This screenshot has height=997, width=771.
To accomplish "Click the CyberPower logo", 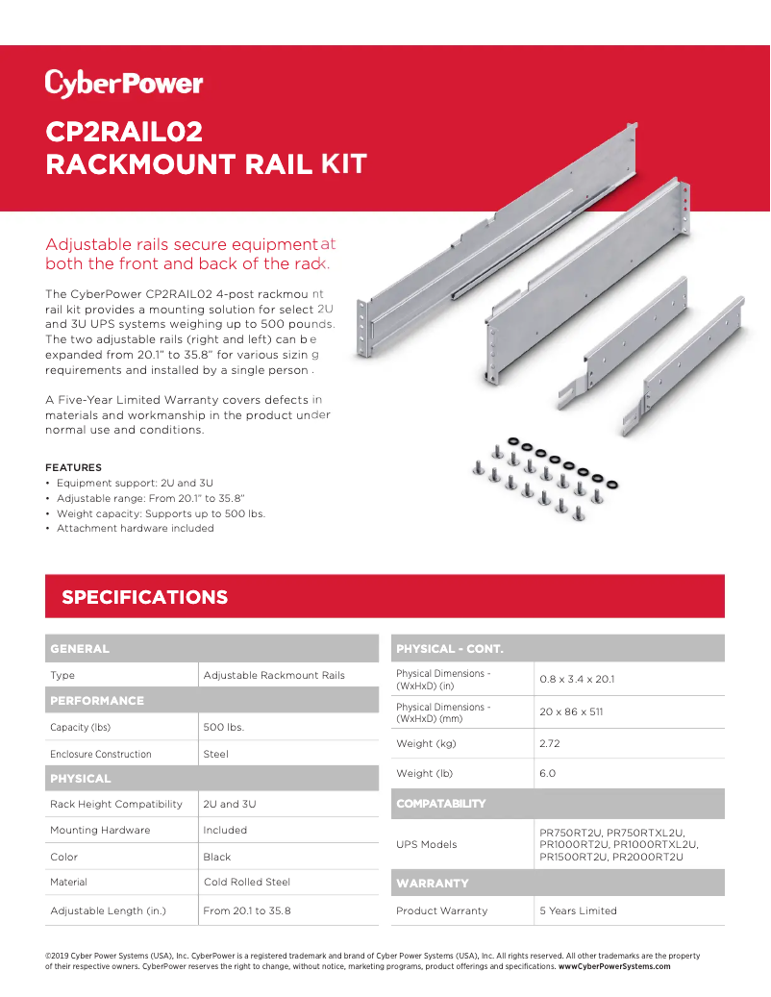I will [x=123, y=84].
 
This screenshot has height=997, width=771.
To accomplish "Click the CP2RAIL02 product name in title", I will [x=124, y=132].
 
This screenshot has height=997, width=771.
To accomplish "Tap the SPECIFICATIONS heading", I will [x=145, y=597].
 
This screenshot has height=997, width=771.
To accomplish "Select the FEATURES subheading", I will [x=73, y=467].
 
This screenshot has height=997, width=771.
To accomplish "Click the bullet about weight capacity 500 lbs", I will [x=161, y=513].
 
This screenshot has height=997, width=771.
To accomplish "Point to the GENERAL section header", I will [x=80, y=649].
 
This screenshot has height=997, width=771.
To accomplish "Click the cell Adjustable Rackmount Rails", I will [x=274, y=676].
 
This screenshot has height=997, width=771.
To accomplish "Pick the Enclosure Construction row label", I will [x=101, y=755].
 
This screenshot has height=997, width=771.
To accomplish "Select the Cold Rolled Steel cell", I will [x=247, y=883].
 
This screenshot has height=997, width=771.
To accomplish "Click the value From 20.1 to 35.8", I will [x=247, y=910].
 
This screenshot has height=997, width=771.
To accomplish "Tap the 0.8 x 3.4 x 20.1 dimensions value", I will [x=577, y=680].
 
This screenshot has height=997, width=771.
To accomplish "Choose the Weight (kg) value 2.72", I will [x=550, y=744].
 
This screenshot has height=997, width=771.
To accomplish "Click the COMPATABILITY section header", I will [x=441, y=804].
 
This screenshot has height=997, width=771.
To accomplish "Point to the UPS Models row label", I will [x=427, y=845].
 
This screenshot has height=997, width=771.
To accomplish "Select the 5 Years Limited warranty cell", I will [x=579, y=911].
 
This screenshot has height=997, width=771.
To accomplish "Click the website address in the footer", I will [x=614, y=966].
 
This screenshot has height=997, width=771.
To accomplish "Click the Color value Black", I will [x=217, y=858].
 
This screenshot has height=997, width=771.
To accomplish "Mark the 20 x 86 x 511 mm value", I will [x=571, y=712].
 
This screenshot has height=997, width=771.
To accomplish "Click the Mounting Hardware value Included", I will [x=225, y=831].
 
